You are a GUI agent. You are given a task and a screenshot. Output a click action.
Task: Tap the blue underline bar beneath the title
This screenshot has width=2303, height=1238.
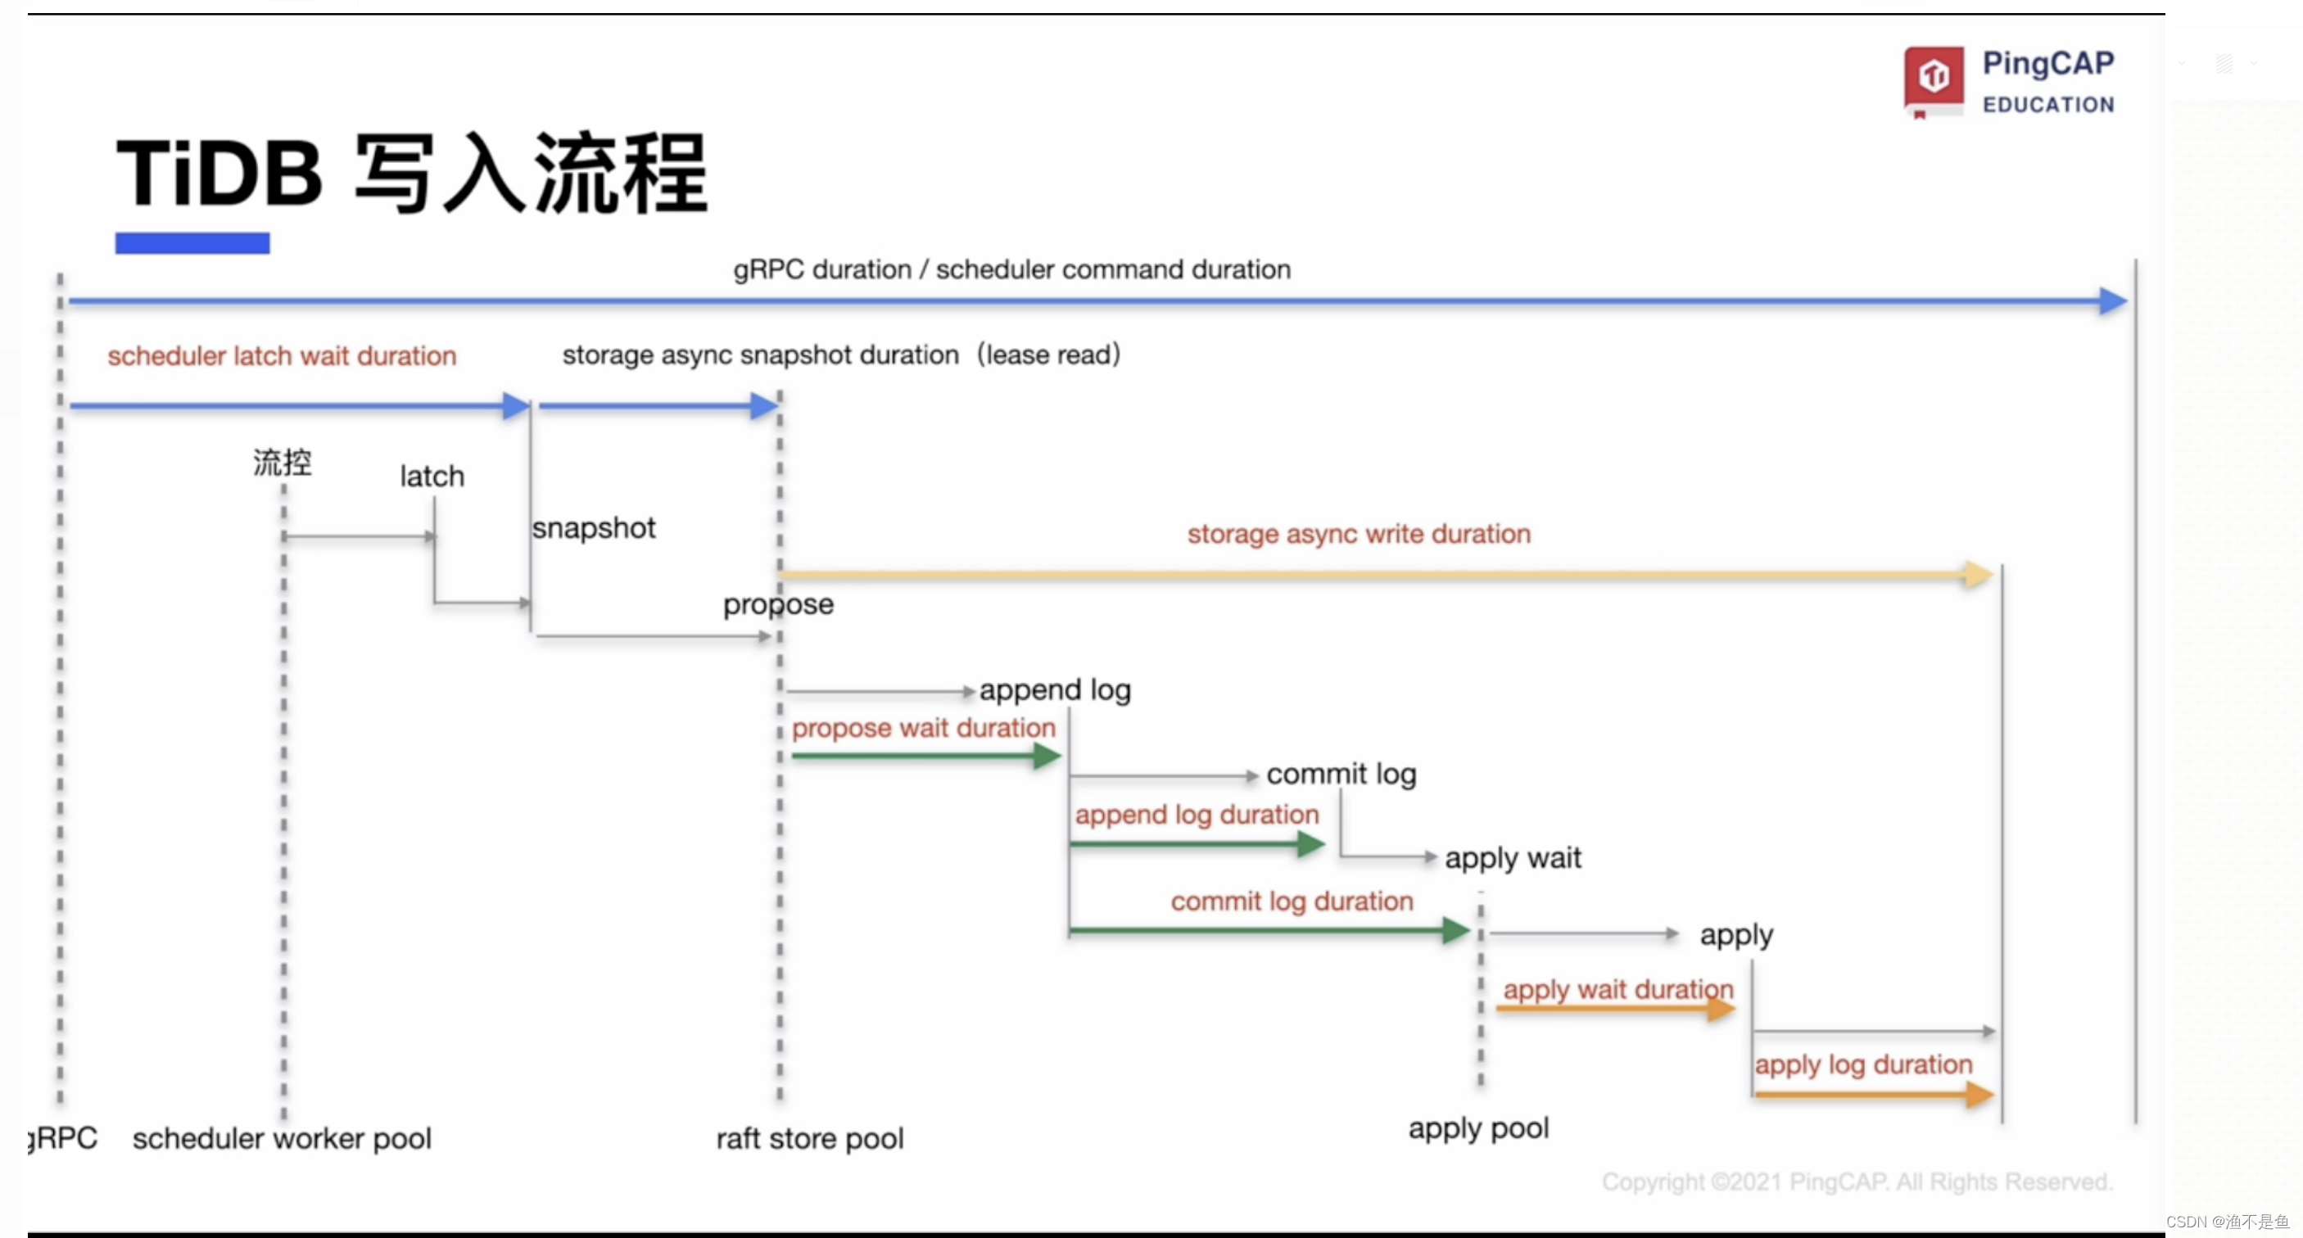[192, 243]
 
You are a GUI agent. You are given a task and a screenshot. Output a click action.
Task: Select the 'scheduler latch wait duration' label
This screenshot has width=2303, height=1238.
[282, 355]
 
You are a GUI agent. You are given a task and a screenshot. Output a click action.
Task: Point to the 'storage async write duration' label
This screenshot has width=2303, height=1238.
[1359, 534]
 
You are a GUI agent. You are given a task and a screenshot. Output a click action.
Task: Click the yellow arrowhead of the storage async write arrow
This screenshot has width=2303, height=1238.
[1979, 574]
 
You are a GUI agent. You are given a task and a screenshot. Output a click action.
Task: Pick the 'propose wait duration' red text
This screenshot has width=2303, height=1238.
[924, 728]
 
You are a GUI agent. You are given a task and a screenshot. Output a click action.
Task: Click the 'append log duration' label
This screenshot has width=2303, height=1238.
[1197, 815]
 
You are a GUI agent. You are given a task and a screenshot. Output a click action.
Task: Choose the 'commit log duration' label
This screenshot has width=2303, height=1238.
[1292, 901]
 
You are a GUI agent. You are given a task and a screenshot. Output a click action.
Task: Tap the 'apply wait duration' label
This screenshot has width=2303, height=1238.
[1618, 990]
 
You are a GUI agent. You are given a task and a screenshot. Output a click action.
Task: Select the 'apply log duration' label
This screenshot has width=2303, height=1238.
[1863, 1064]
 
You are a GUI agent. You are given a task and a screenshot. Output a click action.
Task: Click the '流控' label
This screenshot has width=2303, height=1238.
[283, 462]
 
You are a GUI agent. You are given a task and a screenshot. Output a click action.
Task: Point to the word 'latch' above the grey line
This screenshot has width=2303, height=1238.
[432, 476]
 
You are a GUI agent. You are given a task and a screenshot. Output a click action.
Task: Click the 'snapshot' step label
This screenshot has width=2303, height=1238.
[594, 528]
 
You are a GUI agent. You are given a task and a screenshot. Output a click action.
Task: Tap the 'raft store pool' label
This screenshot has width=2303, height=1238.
[810, 1138]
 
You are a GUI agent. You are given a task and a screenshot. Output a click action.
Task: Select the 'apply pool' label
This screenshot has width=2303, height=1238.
[1479, 1129]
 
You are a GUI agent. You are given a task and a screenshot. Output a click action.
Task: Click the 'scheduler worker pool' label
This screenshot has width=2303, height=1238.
[282, 1138]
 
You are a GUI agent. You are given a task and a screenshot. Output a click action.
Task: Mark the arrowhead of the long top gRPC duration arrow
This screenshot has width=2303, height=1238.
[2114, 301]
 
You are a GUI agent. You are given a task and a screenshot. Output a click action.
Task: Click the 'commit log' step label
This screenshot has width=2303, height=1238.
[1341, 774]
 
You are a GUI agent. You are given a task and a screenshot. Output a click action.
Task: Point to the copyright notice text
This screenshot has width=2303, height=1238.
[1857, 1182]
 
